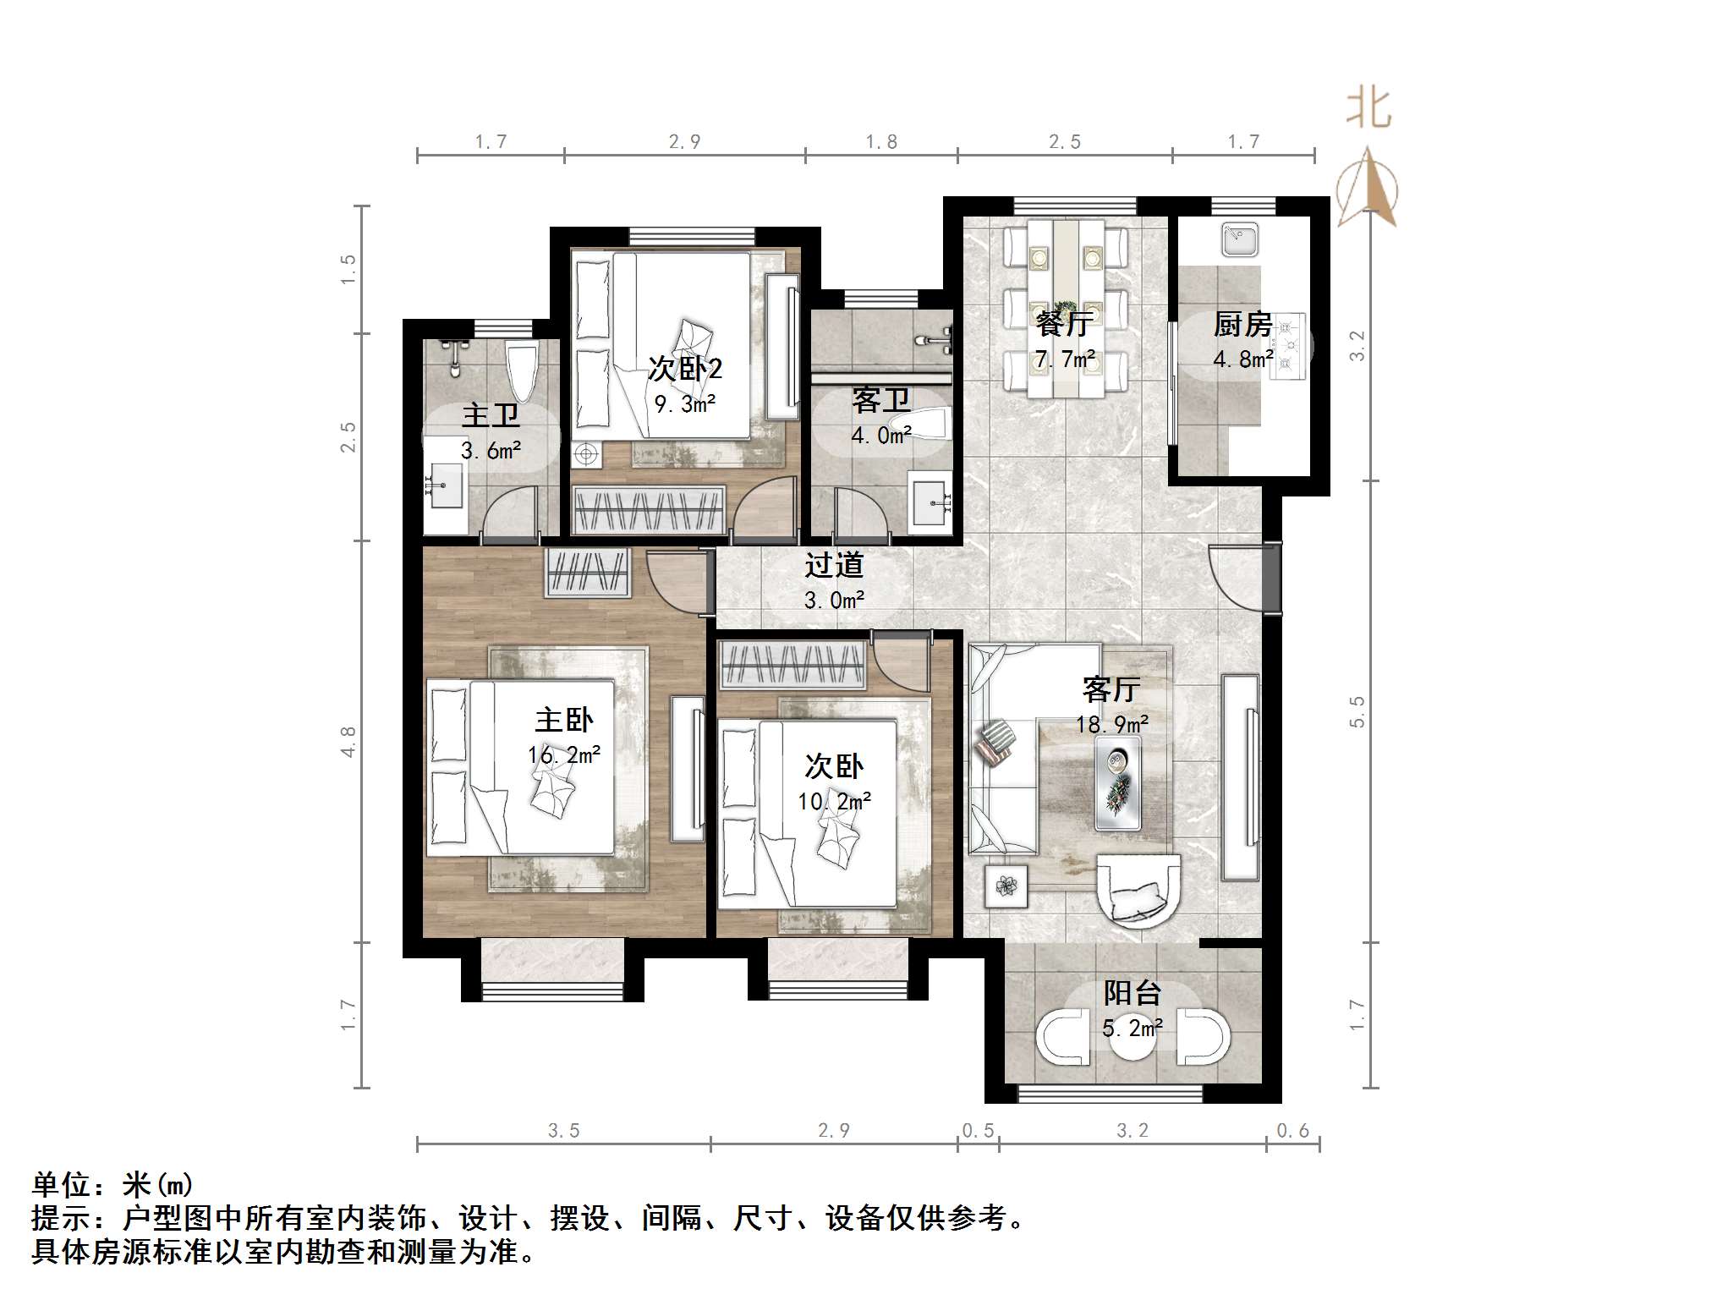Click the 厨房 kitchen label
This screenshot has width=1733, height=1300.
1242,324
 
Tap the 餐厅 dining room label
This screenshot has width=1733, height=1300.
1063,323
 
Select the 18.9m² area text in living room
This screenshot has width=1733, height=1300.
1111,725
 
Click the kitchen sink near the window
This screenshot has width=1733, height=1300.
1240,239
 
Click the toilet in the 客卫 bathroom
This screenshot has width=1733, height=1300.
930,424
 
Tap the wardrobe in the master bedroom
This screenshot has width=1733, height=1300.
587,573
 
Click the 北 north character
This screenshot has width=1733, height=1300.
1368,110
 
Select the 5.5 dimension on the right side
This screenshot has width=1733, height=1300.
1357,711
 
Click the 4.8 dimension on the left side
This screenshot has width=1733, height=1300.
348,741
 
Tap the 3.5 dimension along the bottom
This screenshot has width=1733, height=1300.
563,1131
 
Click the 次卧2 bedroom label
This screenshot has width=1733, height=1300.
684,369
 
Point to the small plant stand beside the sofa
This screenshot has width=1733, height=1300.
1006,886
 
